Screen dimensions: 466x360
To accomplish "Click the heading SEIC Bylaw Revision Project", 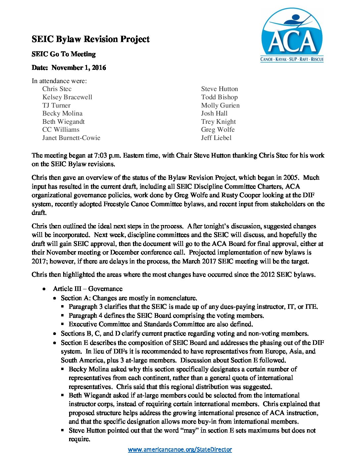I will click(90, 39).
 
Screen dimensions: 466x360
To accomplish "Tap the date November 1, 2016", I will click(79, 68).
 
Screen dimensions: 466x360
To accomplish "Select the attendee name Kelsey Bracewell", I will click(67, 97).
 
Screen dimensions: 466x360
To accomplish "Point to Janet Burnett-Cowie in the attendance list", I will click(71, 138).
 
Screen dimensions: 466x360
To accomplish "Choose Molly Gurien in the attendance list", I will click(220, 105).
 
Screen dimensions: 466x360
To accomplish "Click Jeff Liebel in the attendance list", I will click(216, 138).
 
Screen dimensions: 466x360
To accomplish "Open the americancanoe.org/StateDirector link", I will click(180, 449).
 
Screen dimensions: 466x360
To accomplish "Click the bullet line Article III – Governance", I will click(87, 289).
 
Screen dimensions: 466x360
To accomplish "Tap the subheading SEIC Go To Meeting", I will click(64, 54).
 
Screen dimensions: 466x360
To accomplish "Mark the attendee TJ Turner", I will click(56, 105).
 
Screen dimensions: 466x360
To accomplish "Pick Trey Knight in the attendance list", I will click(218, 121).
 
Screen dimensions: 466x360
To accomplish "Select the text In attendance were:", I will click(59, 81).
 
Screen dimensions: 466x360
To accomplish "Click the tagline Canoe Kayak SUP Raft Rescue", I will click(292, 60).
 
